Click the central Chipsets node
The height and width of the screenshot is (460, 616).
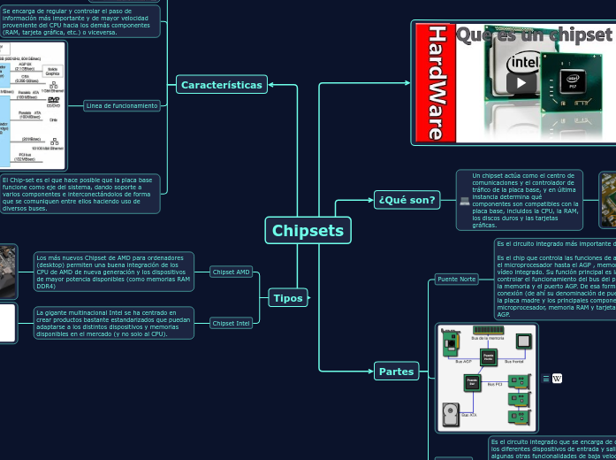308,231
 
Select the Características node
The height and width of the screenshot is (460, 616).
222,85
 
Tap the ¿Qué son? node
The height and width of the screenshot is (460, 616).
407,200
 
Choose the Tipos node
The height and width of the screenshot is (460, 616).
287,298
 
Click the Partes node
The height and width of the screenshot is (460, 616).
396,372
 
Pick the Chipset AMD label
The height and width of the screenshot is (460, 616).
232,272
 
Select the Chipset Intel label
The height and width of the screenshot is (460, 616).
232,323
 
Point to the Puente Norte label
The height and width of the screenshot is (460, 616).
456,280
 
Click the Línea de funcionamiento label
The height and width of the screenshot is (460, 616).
122,105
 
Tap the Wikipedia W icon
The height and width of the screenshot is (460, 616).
557,379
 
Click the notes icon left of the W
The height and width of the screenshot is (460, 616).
546,379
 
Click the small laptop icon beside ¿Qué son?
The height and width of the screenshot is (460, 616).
464,201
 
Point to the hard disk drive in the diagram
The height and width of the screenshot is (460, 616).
450,415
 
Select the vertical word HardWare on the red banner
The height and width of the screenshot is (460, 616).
436,82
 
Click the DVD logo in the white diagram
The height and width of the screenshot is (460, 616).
54,101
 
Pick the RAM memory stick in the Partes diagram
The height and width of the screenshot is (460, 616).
488,330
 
